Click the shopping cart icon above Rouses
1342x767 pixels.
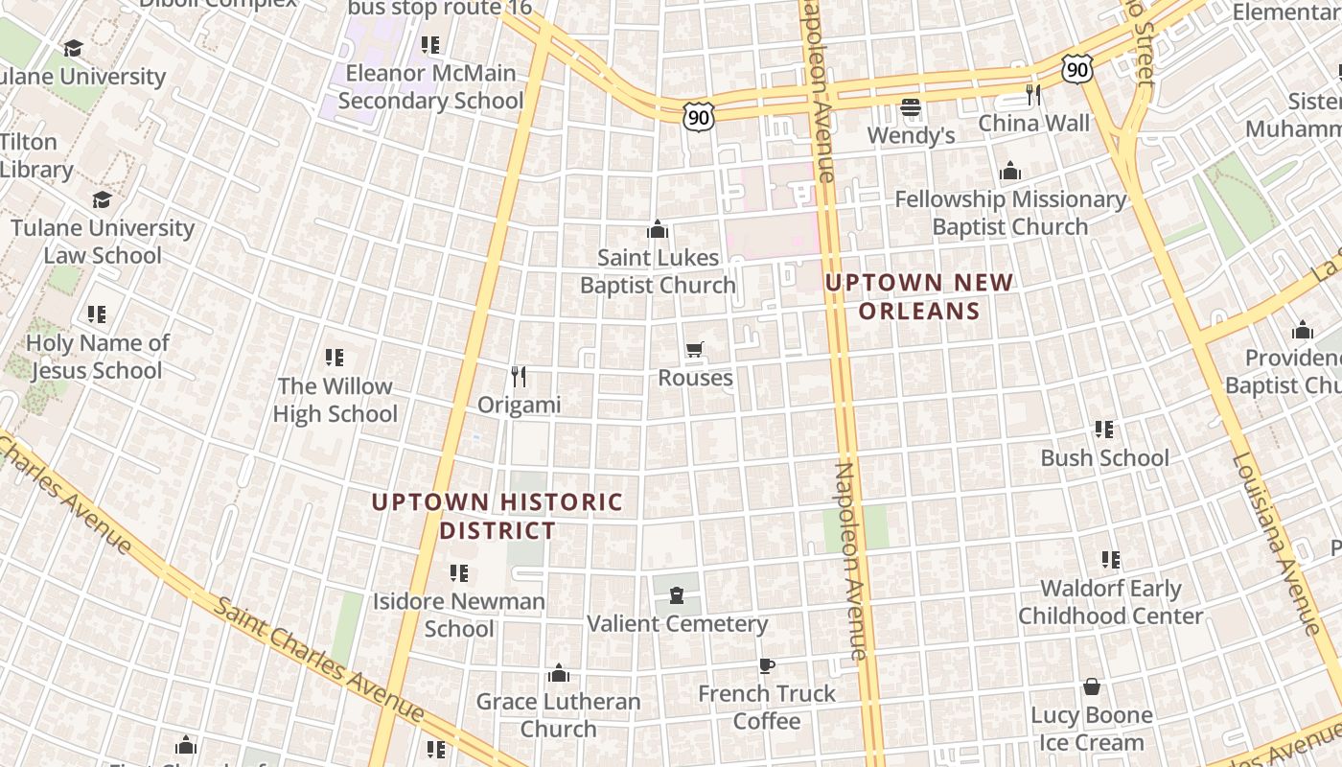pos(695,350)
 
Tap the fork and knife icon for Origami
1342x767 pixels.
pos(519,376)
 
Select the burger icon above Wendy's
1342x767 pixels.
pos(910,106)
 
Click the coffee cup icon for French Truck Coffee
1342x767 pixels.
pos(766,665)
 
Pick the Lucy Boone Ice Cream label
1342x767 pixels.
pos(1092,729)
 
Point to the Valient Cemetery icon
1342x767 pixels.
pos(677,595)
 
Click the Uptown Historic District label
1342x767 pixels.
pos(497,516)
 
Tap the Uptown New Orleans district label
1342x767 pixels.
pos(919,296)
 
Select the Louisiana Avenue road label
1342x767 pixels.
pos(1276,543)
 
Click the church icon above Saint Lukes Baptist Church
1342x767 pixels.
pos(657,229)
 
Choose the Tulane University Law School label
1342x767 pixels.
pos(103,242)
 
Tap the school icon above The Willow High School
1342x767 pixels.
pos(335,358)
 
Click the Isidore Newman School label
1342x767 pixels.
pos(459,616)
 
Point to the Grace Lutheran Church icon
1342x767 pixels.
pos(559,673)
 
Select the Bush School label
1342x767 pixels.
pos(1104,457)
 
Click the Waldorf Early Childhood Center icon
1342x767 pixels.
pos(1110,559)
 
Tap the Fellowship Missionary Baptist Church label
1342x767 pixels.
pos(1010,213)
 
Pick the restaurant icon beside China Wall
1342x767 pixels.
pos(1033,94)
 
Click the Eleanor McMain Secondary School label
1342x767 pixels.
pos(430,86)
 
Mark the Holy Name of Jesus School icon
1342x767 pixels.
pos(96,314)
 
